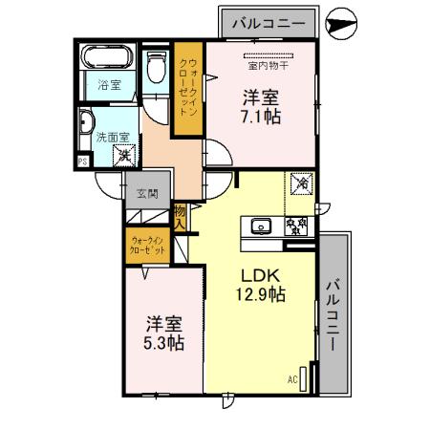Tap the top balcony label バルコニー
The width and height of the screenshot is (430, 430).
(269, 21)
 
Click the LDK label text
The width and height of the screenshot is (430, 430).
(262, 274)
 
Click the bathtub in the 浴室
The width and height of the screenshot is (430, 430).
(106, 57)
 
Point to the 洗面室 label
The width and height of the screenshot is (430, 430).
(105, 136)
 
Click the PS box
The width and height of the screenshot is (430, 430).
(83, 161)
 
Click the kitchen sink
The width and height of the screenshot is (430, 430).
(262, 226)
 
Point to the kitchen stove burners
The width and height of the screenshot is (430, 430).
(296, 226)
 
